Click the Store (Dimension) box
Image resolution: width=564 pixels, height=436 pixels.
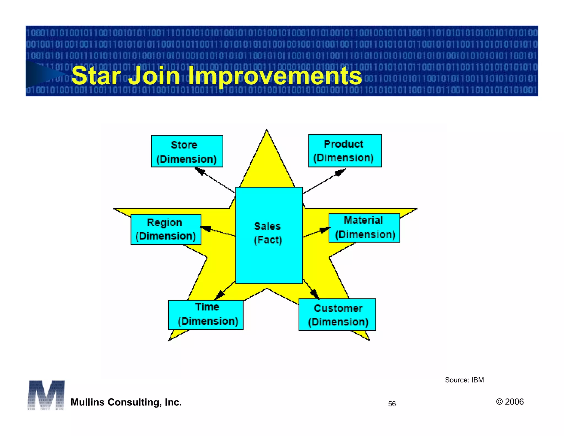tap(187, 151)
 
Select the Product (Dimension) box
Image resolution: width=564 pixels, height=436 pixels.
tap(345, 151)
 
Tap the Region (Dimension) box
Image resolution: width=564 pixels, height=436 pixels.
tap(166, 229)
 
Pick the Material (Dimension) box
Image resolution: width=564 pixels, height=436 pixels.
tap(364, 228)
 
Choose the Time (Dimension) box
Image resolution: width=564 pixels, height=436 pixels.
tap(206, 315)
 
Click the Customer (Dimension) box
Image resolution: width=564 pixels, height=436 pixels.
tap(337, 314)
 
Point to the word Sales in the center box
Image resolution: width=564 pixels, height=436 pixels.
tap(267, 226)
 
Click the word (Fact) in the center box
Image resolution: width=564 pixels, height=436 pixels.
tap(268, 240)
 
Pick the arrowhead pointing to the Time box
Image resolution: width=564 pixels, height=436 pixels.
tap(219, 295)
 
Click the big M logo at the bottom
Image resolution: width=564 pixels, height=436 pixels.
tap(46, 395)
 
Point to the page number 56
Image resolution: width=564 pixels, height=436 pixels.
tap(392, 404)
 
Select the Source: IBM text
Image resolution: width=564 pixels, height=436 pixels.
tap(464, 380)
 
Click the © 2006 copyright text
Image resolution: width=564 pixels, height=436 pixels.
tap(509, 402)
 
